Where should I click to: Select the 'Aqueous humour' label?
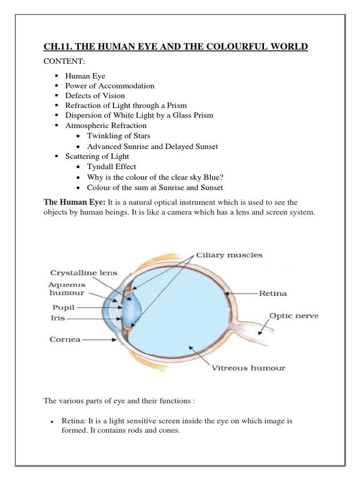(67, 289)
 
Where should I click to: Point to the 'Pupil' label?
(61, 308)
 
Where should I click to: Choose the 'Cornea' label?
(65, 339)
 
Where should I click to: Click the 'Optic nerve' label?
(294, 316)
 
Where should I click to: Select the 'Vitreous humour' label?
(248, 368)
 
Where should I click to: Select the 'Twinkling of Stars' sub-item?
(119, 136)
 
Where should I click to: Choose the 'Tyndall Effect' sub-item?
(112, 166)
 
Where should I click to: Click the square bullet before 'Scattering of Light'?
(56, 156)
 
